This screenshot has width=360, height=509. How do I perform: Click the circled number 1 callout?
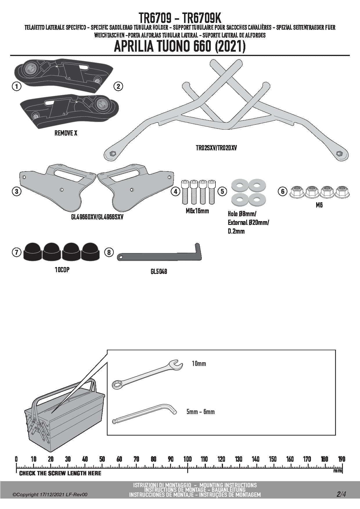pos(17,86)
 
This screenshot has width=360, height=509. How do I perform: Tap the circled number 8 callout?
pos(109,252)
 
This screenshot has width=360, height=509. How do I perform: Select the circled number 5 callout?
pos(222,191)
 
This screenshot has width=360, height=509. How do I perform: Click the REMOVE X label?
pos(66,133)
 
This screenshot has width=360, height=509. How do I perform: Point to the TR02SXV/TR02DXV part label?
pos(216,148)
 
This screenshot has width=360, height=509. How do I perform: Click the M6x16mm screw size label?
pos(197,211)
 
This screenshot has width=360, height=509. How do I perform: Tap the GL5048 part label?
pos(159,272)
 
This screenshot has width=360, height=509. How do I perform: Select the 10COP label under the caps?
pos(62,270)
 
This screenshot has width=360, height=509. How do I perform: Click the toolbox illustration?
pos(64,415)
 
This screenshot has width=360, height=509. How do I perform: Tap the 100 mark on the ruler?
pos(188,459)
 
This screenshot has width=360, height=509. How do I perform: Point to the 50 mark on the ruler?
pos(102,459)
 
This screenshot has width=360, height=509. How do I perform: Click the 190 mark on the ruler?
pos(342,459)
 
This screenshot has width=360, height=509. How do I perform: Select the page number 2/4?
pos(341,494)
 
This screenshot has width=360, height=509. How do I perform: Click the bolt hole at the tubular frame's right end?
pos(339,153)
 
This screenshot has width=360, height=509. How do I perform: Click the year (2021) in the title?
pos(230,46)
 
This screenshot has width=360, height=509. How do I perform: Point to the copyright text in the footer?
pos(50,494)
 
